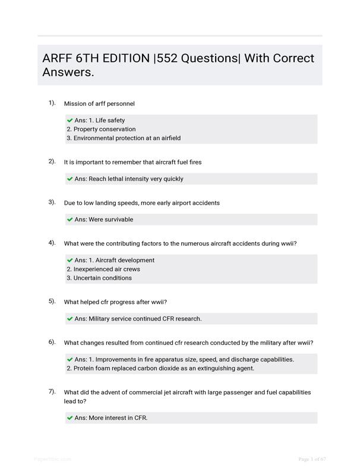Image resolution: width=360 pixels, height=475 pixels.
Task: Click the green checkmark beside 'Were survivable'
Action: pyautogui.click(x=70, y=220)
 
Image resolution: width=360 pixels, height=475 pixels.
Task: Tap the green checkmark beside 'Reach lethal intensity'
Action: pyautogui.click(x=70, y=179)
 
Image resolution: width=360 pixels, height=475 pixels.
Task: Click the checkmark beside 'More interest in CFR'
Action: pyautogui.click(x=70, y=418)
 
